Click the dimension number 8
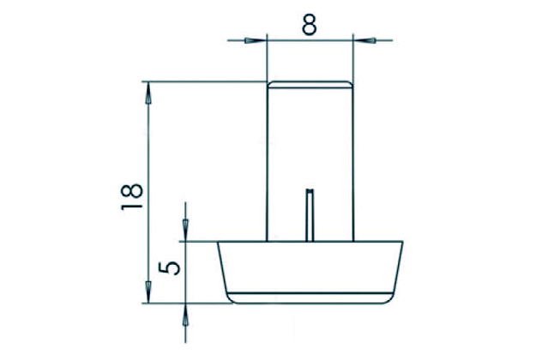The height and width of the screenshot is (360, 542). (x=310, y=23)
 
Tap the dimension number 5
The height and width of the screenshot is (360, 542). (x=172, y=267)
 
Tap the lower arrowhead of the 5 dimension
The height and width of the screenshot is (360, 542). (x=185, y=315)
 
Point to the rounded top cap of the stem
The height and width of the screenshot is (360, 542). (x=310, y=84)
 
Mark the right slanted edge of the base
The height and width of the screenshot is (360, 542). (x=398, y=270)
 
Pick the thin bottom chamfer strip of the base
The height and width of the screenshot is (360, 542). (x=310, y=298)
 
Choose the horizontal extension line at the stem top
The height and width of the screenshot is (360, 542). (x=206, y=81)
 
